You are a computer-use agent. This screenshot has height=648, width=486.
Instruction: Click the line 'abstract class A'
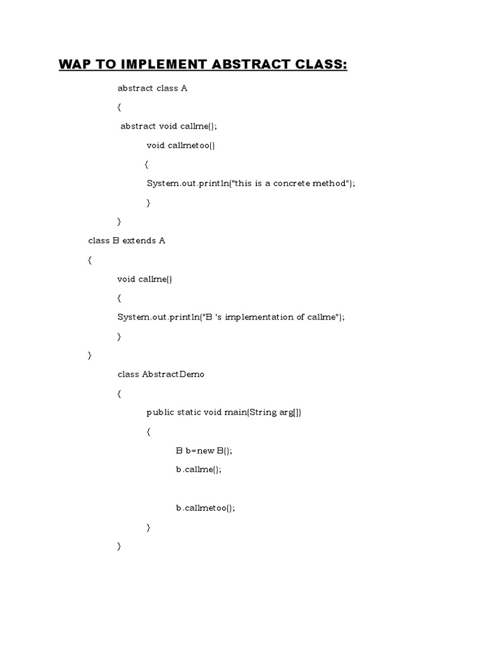pos(153,89)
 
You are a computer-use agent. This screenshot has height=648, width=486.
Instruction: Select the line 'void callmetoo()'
pos(181,146)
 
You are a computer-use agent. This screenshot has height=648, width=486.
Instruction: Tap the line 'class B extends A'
pos(127,241)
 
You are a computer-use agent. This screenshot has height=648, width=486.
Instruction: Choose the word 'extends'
pos(132,241)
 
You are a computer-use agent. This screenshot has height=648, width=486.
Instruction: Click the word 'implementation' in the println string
pos(261,317)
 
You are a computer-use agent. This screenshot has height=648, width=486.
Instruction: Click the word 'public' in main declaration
pos(159,413)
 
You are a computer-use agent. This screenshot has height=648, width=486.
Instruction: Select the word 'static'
pos(189,413)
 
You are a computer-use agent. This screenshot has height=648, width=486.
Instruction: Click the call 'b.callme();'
pos(199,470)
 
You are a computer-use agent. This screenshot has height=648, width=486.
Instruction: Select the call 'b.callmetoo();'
pos(206,508)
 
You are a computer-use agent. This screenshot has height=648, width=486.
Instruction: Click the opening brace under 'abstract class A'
pos(119,108)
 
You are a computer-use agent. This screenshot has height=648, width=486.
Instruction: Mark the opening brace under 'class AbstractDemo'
pos(119,394)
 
